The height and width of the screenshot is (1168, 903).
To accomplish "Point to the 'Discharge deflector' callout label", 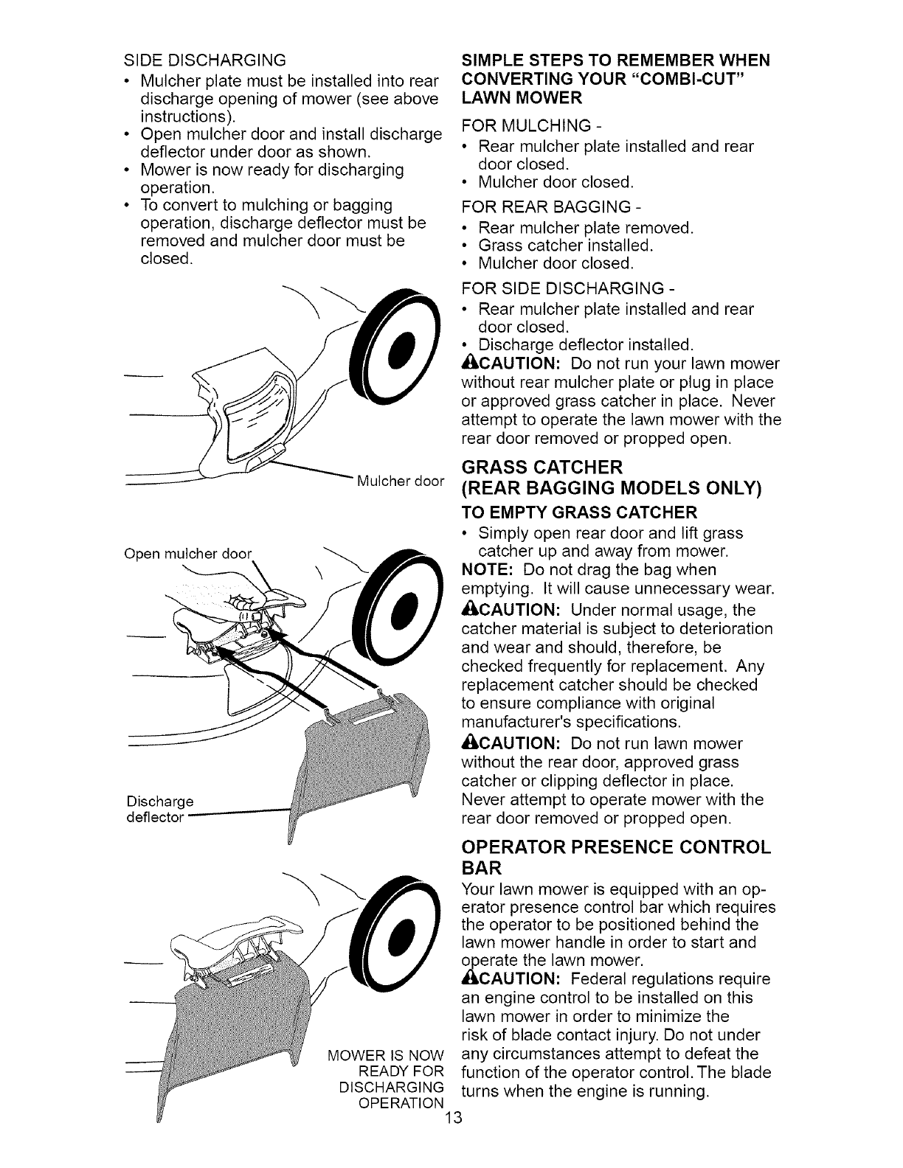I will point(160,809).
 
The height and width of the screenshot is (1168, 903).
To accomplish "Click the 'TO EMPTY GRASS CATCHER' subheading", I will point(578,512).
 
